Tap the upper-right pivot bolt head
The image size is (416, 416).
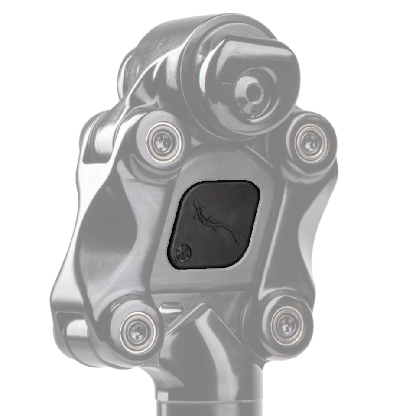(x=310, y=142)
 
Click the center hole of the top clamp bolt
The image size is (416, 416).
(x=250, y=91)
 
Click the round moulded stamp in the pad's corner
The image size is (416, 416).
(x=182, y=253)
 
